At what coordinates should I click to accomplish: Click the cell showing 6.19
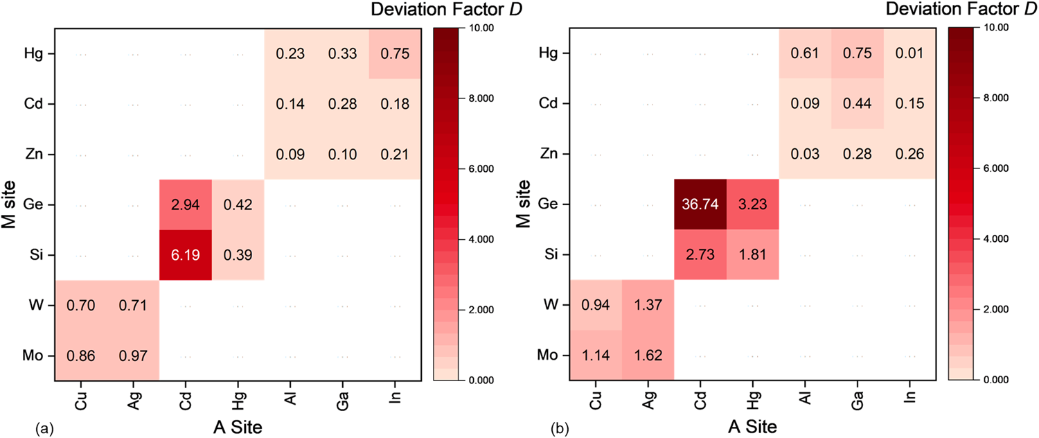point(186,255)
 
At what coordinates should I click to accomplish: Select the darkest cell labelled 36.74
point(700,204)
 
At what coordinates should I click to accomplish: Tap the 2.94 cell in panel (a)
point(186,204)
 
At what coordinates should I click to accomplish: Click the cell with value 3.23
point(753,204)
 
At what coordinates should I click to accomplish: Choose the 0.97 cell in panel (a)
point(134,356)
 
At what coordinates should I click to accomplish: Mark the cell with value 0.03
point(805,154)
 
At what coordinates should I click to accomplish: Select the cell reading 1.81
point(753,255)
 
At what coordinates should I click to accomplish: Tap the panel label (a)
point(42,430)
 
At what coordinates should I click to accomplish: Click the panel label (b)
point(558,430)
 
